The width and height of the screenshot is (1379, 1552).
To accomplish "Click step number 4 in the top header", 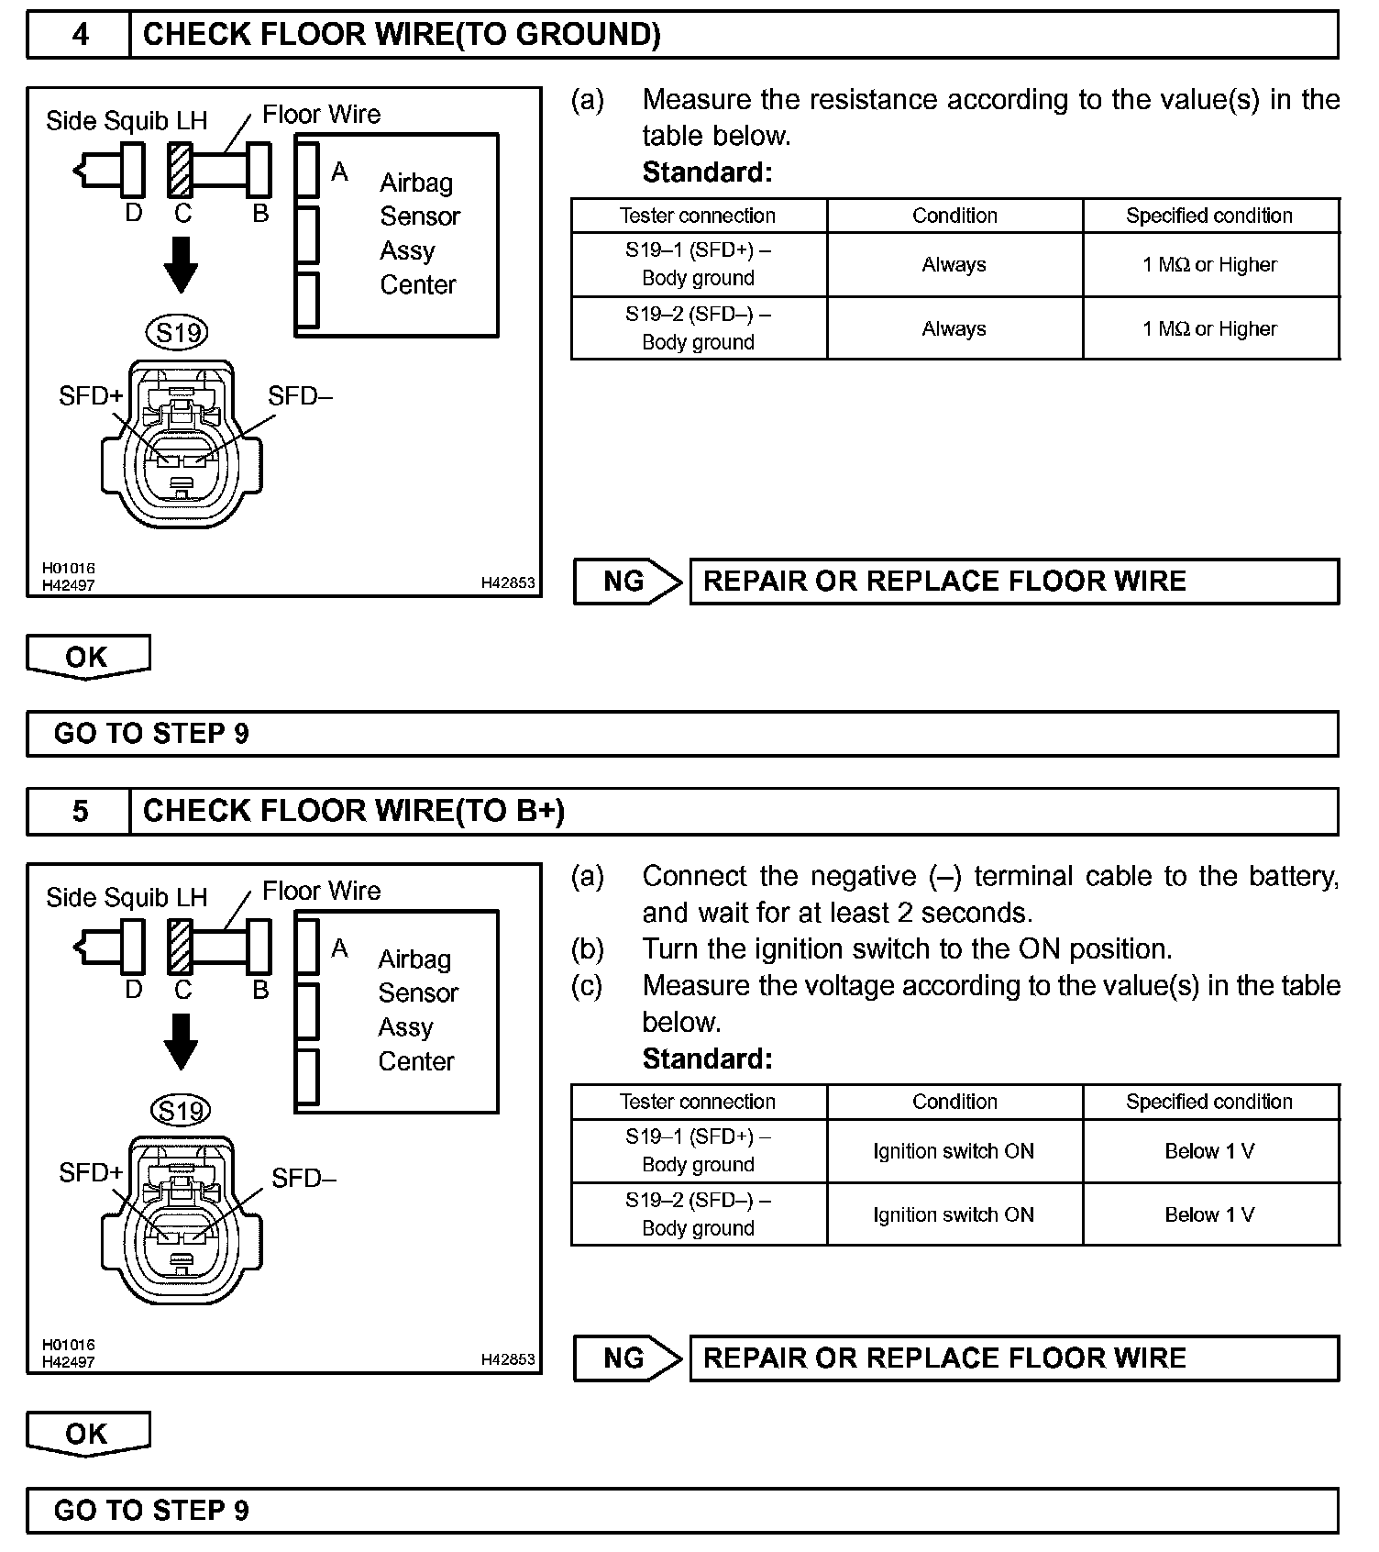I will pyautogui.click(x=81, y=35).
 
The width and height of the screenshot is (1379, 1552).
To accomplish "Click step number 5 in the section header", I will pyautogui.click(x=81, y=812).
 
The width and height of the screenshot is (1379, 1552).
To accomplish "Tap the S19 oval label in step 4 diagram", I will pyautogui.click(x=178, y=332).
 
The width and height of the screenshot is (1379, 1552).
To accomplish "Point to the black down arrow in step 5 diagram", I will pyautogui.click(x=181, y=1041).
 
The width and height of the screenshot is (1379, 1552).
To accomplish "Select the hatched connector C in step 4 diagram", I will pyautogui.click(x=182, y=170).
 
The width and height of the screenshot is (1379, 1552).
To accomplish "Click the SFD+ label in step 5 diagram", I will pyautogui.click(x=90, y=1172).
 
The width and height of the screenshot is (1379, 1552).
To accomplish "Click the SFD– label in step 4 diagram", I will pyautogui.click(x=300, y=396).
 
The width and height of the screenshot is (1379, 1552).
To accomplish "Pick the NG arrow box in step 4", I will pyautogui.click(x=628, y=582).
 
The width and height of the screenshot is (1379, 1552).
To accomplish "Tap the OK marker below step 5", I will pyautogui.click(x=87, y=1434).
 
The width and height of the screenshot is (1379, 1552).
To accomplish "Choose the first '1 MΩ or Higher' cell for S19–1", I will pyautogui.click(x=1209, y=265).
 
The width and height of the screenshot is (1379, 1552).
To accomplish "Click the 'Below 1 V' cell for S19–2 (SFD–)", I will pyautogui.click(x=1209, y=1214).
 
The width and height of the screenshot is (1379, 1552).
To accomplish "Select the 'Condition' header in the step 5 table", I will pyautogui.click(x=954, y=1102).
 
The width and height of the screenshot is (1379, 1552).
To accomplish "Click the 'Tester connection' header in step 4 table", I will pyautogui.click(x=698, y=216).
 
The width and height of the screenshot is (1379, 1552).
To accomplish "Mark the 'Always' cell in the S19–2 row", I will pyautogui.click(x=954, y=328).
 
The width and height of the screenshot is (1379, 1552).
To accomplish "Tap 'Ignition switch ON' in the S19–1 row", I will pyautogui.click(x=954, y=1151).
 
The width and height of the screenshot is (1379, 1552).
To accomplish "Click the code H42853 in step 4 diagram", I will pyautogui.click(x=508, y=582).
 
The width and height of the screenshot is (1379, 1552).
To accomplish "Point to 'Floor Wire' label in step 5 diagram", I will pyautogui.click(x=321, y=891).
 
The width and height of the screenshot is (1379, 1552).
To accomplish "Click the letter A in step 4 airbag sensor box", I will pyautogui.click(x=339, y=172).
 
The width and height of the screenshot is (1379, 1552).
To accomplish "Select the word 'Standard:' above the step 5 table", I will pyautogui.click(x=707, y=1059).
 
